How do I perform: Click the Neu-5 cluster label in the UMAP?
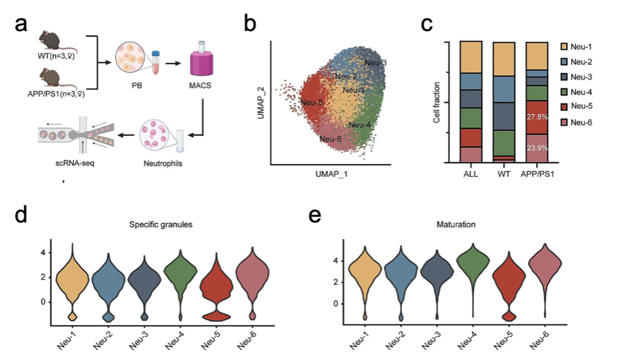311,103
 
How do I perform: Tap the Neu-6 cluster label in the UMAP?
330,139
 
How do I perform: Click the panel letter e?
313,215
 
